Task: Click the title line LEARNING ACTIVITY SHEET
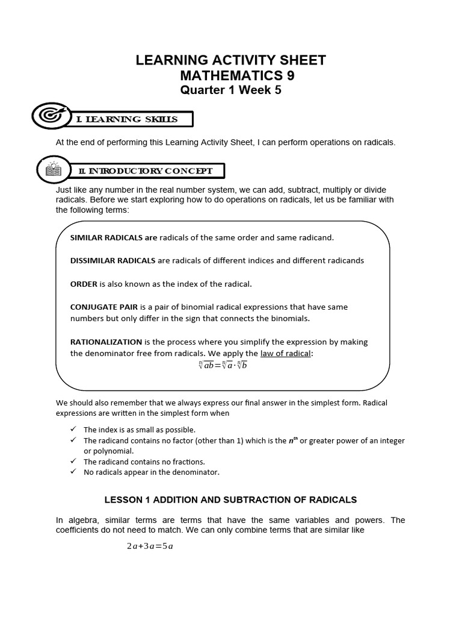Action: point(231,60)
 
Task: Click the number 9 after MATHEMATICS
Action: point(290,76)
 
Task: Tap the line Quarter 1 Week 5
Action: point(231,90)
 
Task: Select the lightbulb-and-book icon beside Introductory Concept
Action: point(54,169)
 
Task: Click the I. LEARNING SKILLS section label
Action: point(127,119)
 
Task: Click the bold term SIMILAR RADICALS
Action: point(113,237)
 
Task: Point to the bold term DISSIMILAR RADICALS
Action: point(112,261)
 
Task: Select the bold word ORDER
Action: point(84,284)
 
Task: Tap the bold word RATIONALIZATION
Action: point(106,342)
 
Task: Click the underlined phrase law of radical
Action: point(285,354)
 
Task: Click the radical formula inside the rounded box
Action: point(223,365)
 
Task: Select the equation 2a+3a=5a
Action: point(150,547)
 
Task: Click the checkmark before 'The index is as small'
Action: point(73,430)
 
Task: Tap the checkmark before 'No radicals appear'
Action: point(73,472)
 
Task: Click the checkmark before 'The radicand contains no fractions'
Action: point(73,462)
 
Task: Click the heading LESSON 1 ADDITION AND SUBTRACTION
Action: point(230,500)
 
